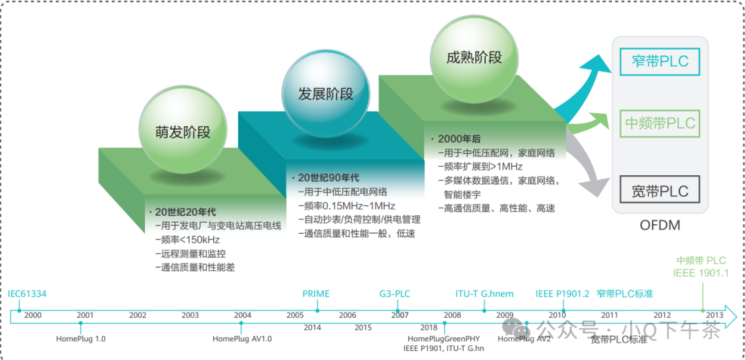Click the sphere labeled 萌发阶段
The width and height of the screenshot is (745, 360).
coord(183,131)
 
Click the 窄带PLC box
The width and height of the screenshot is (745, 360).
coord(659,61)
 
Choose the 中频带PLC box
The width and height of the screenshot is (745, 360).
coord(659,124)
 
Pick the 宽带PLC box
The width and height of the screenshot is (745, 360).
coord(659,191)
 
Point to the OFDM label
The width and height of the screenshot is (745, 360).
coord(660,226)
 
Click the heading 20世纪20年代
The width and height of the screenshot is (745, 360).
coord(185,212)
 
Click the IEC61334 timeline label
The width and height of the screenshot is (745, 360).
coord(27,294)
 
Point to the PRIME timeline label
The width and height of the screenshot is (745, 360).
coord(316,294)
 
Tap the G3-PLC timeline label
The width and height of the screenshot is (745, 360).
coord(395,294)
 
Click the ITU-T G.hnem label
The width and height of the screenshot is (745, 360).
coord(485,294)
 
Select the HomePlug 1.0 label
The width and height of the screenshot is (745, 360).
coord(81,339)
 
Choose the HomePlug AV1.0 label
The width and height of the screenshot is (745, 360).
coord(242,339)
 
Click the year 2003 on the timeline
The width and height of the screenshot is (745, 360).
coord(190,315)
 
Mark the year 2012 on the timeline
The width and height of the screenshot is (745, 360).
coord(662,315)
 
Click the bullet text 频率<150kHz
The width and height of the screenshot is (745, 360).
coord(187,239)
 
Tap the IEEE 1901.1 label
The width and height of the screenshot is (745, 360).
coord(701,273)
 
